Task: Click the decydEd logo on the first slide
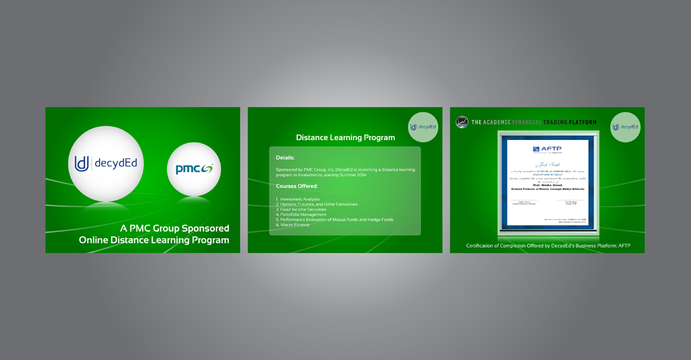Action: point(106,164)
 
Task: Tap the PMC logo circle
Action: point(194,169)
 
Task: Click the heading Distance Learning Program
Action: point(345,138)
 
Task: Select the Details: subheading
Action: point(285,157)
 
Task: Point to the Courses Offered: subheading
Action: point(297,186)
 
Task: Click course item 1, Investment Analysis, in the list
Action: point(298,199)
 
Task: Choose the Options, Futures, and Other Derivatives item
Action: point(317,204)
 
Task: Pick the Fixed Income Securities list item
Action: point(301,210)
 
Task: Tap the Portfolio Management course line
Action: point(301,215)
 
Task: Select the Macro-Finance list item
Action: point(293,225)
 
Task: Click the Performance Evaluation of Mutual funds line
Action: point(335,219)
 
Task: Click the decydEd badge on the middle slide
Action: point(423,127)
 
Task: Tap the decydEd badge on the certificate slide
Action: point(625,127)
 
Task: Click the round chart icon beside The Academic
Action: point(462,122)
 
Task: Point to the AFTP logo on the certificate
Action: point(547,149)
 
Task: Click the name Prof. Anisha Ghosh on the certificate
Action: point(548,185)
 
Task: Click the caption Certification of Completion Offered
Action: point(548,246)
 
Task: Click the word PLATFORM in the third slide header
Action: point(579,122)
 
